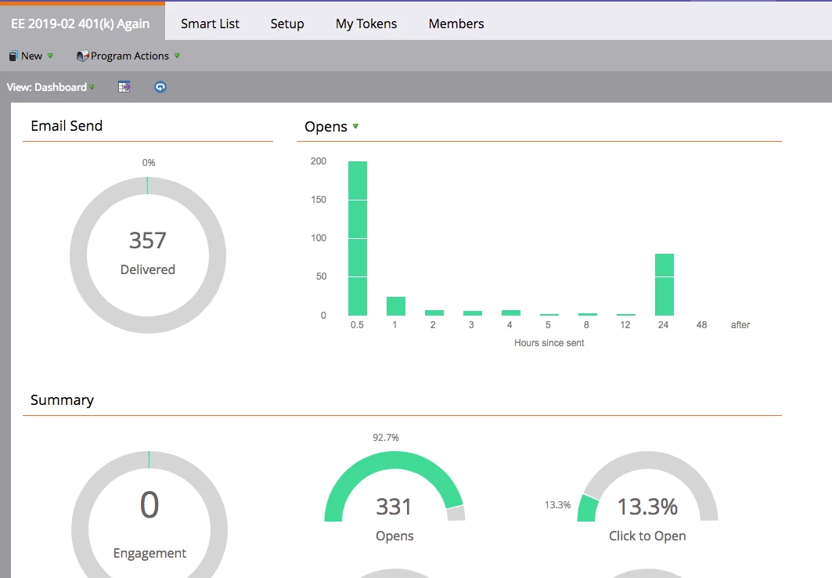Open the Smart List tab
[x=210, y=23]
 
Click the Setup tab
[x=287, y=23]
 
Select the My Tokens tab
[x=366, y=23]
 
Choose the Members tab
[x=456, y=23]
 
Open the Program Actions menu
[x=128, y=56]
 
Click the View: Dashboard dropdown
[x=50, y=87]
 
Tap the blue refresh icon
[x=160, y=87]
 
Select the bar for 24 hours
[x=664, y=284]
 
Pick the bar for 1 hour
[x=396, y=306]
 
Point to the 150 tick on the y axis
[x=319, y=200]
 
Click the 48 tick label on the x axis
[x=701, y=325]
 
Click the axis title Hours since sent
[x=549, y=343]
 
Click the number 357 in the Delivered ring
[x=148, y=240]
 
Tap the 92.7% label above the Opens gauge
[x=386, y=438]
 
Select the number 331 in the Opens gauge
[x=394, y=507]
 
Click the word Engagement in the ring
[x=149, y=553]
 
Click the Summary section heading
[x=62, y=400]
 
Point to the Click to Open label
[x=647, y=536]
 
